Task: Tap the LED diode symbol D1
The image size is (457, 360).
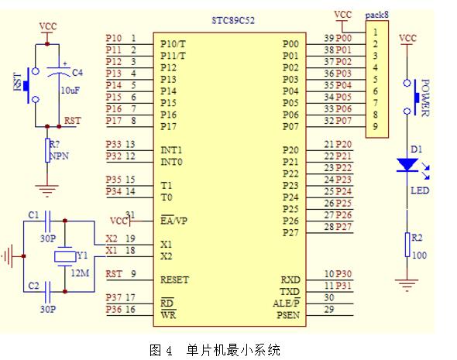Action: point(407,164)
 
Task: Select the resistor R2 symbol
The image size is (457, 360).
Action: point(407,245)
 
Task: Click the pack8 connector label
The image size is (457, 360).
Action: point(376,15)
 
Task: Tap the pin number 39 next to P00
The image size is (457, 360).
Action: point(329,38)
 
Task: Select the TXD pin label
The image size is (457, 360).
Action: point(290,292)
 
